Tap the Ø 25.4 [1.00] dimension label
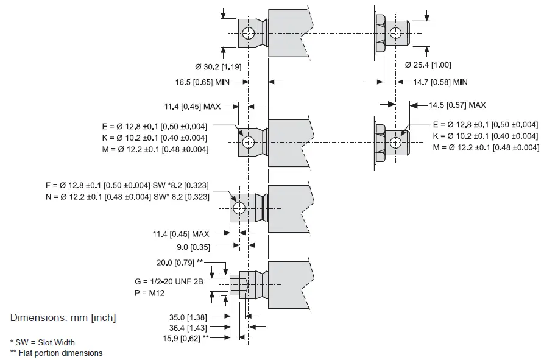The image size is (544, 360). point(428,65)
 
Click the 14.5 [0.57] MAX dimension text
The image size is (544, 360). point(457,105)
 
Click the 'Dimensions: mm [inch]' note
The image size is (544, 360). point(63,318)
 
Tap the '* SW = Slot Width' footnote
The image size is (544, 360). point(43,342)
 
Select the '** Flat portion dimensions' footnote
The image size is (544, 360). point(57,353)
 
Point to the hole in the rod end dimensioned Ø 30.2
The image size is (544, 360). point(248,33)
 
